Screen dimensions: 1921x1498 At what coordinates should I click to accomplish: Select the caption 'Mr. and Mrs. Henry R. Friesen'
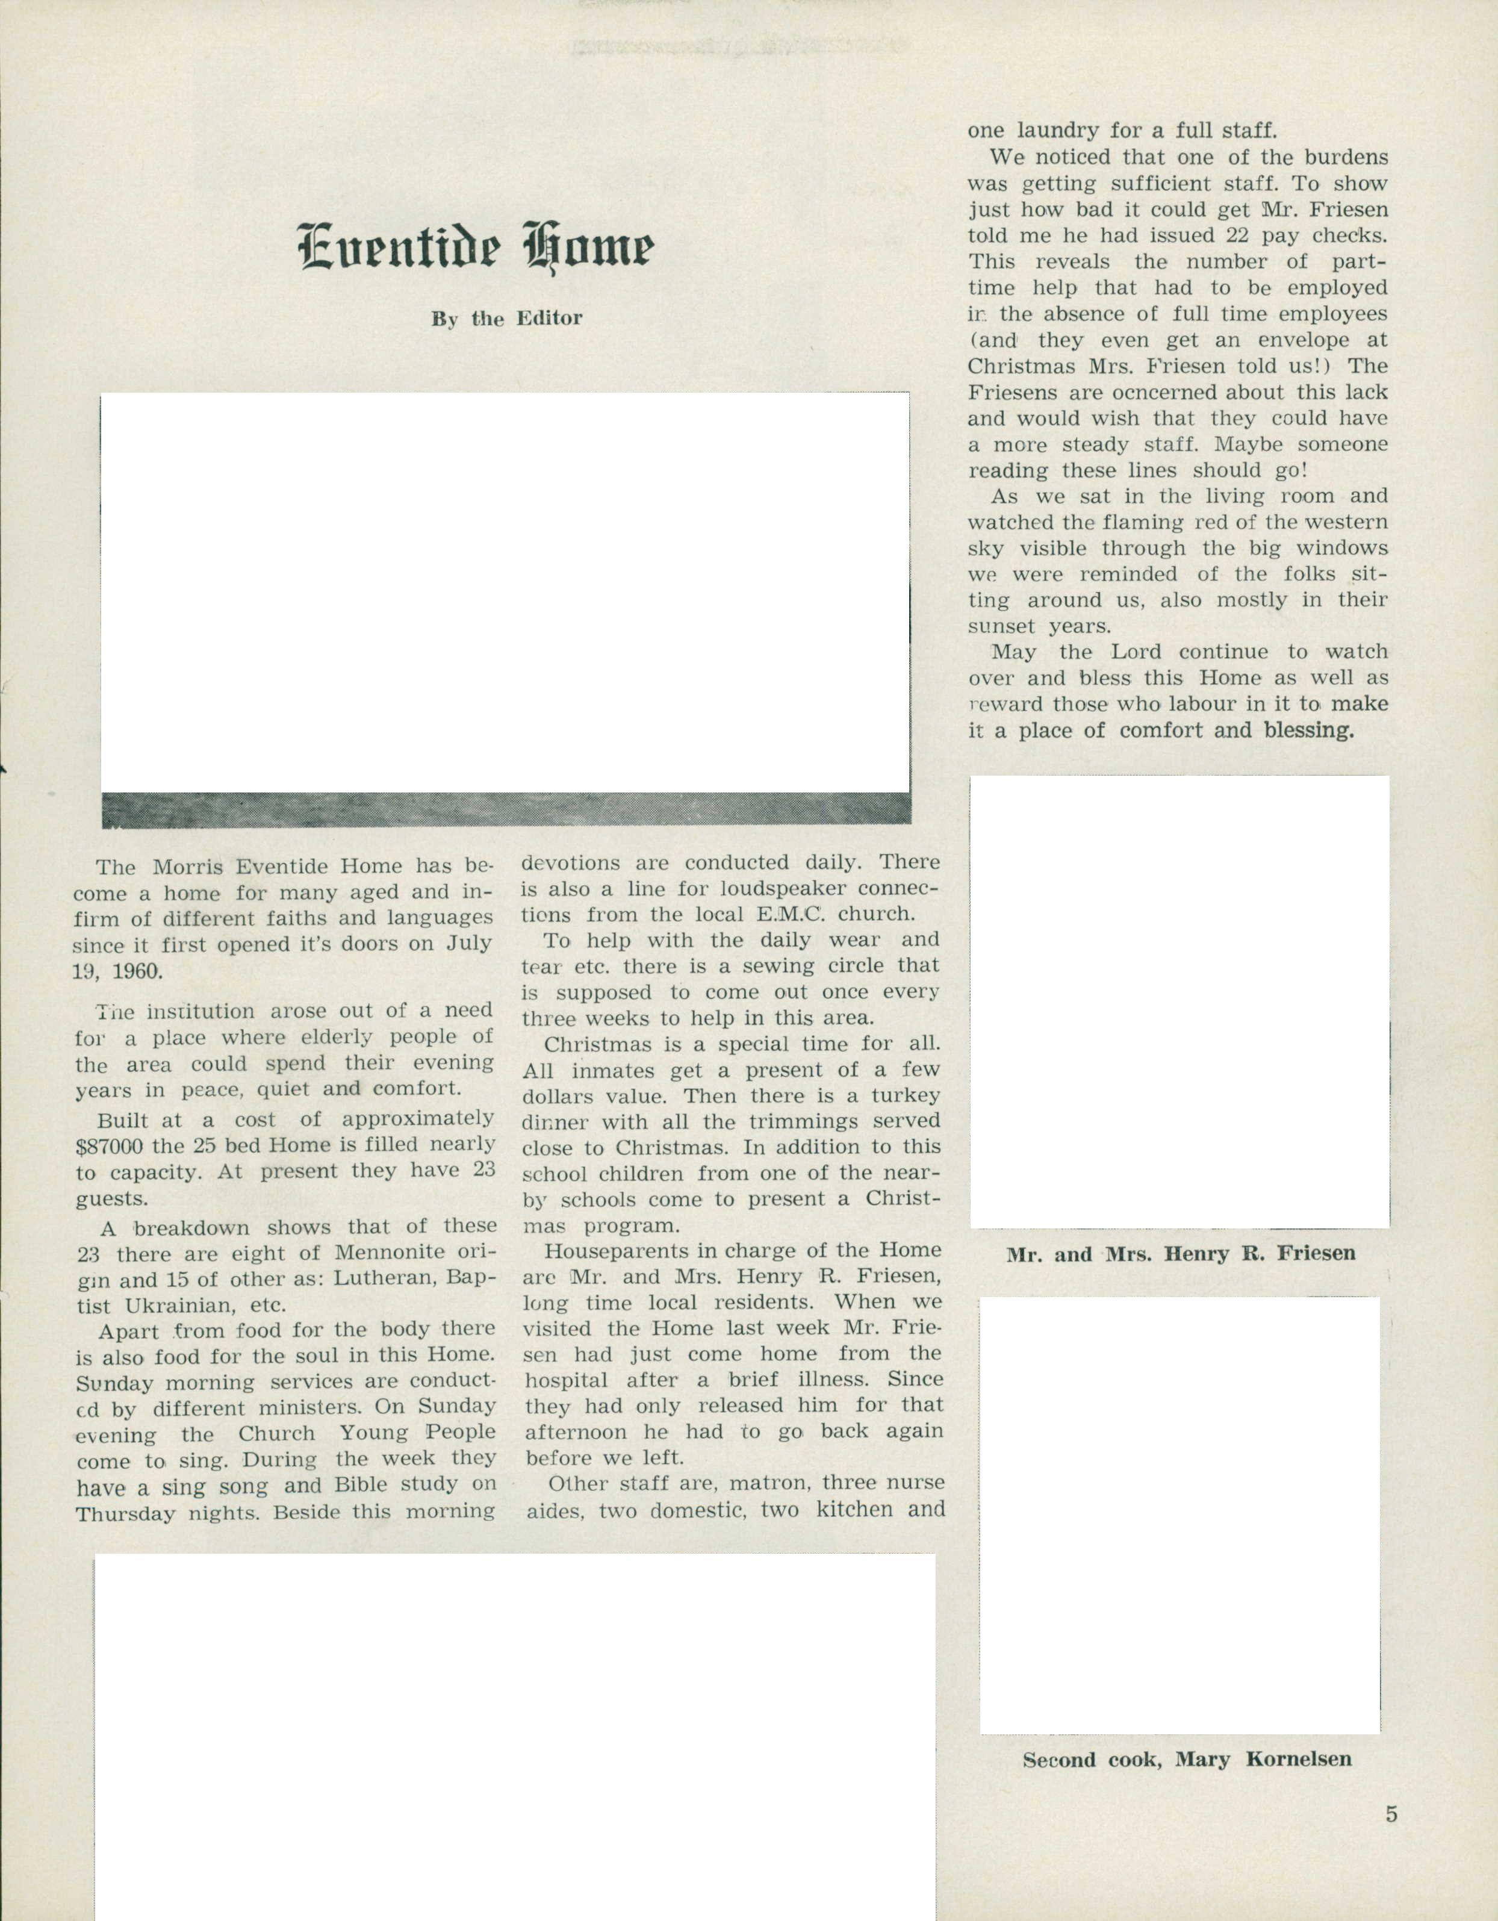tap(1181, 1253)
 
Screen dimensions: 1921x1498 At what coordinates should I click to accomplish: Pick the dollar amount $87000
tap(112, 1146)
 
